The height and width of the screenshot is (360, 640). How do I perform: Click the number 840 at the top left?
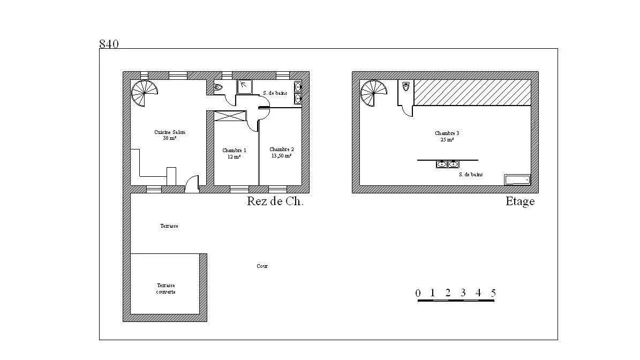point(109,44)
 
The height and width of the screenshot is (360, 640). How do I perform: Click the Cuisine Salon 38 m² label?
point(170,135)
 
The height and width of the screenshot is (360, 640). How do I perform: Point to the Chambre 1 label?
point(235,154)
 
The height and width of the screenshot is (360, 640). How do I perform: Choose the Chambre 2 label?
point(281,153)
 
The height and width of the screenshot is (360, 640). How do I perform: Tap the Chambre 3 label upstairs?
point(447,136)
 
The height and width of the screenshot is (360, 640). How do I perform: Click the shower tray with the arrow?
point(245,86)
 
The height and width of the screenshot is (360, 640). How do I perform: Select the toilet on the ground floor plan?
point(219,87)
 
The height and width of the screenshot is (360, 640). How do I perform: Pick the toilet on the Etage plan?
point(405,86)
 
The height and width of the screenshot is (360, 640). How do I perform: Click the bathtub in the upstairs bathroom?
point(517,179)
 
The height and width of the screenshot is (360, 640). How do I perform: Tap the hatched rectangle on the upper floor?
point(472,93)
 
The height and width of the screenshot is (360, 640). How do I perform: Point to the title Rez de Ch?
point(275,202)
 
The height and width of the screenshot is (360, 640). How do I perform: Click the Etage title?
point(520,202)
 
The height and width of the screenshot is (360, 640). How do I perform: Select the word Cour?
point(262,266)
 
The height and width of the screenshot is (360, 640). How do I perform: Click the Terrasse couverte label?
point(166,289)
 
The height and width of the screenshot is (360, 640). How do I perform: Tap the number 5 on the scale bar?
point(493,293)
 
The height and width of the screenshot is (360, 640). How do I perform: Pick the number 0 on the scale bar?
point(418,293)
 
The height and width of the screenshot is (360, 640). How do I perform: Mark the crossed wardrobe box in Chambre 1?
point(230,115)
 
